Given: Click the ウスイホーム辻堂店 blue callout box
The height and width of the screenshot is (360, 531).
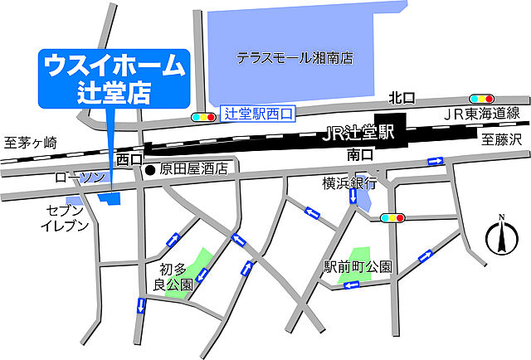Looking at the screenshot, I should click(114, 78).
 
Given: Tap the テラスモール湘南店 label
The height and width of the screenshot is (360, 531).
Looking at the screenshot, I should click(295, 58).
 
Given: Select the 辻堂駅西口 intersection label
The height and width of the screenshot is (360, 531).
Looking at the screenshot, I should click(259, 114).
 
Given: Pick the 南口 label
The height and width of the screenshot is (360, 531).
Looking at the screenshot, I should click(358, 154).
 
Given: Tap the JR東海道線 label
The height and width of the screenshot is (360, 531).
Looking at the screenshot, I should click(481, 114).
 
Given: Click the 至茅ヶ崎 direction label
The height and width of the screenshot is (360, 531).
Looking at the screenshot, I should click(30, 142).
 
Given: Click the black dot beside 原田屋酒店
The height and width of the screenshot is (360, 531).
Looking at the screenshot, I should click(150, 170).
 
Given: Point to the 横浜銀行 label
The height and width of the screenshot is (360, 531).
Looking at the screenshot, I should click(349, 182).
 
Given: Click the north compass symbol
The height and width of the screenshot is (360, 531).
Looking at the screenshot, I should click(500, 236).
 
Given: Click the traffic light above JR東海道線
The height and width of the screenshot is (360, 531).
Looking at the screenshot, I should click(482, 98).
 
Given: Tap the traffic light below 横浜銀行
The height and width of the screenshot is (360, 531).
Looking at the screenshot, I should click(392, 218).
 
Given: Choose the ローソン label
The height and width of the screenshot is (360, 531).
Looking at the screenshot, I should click(80, 178).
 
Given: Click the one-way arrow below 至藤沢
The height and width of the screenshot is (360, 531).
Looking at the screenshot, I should click(434, 162).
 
